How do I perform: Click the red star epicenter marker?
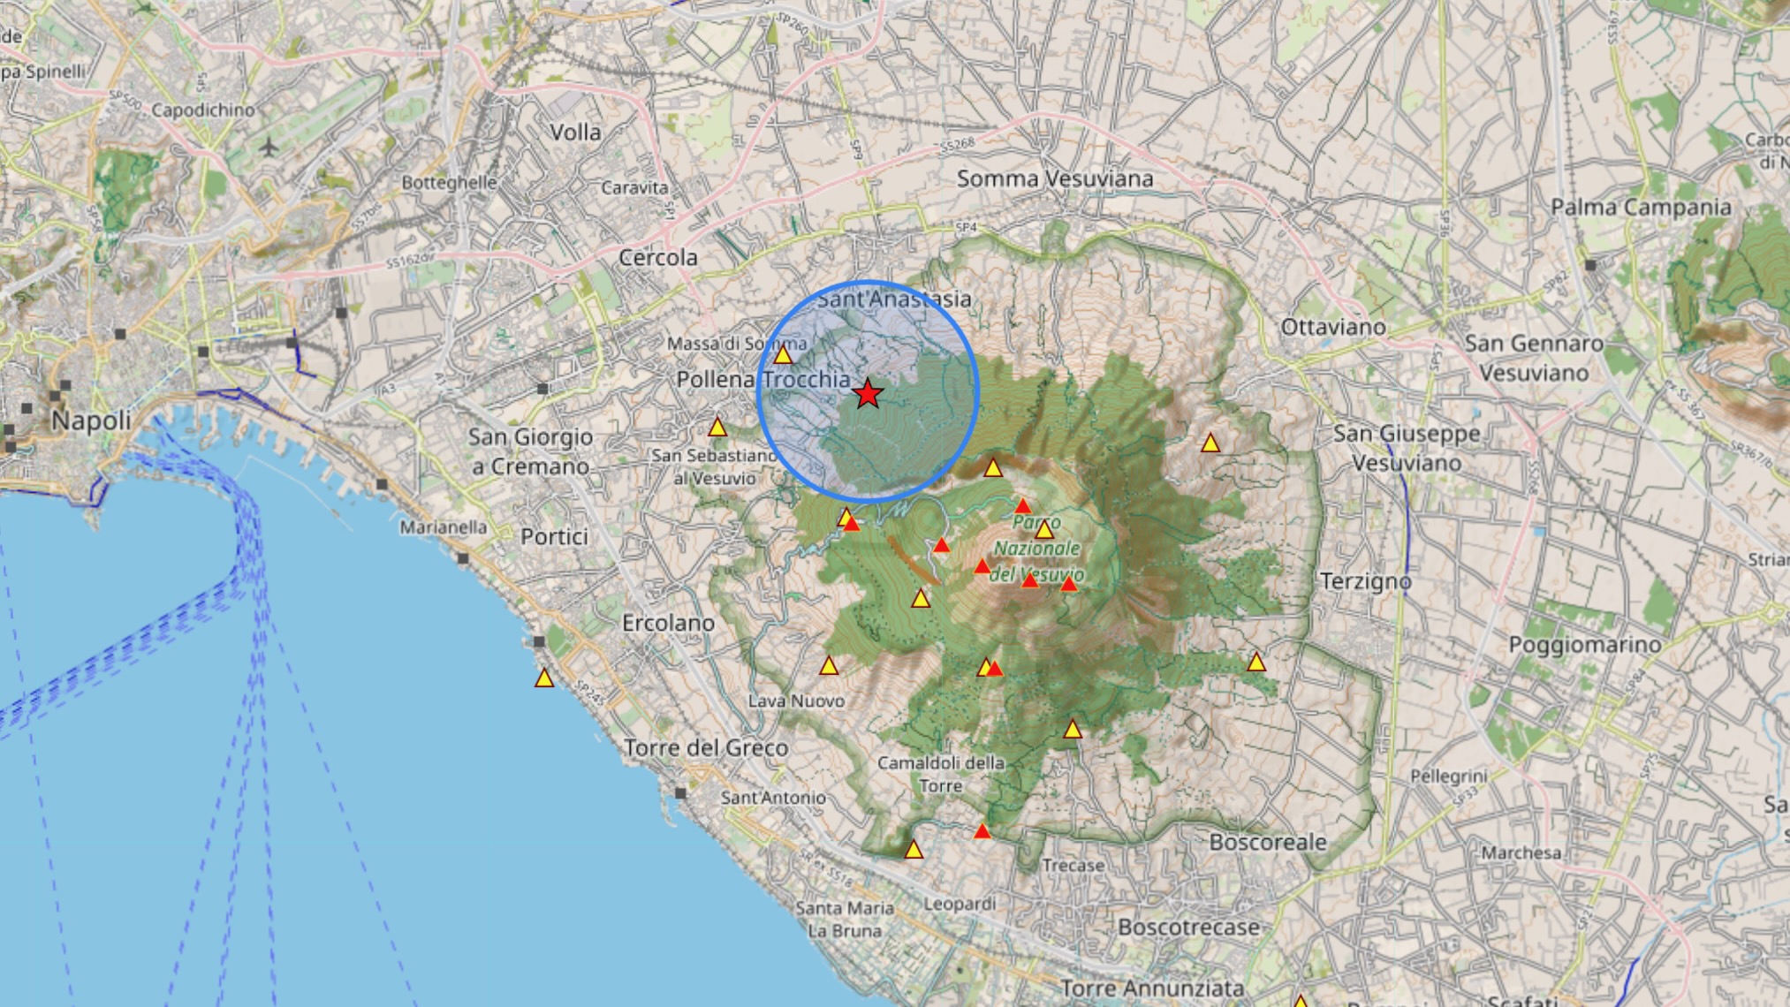pos(868,394)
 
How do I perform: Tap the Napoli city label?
pos(91,420)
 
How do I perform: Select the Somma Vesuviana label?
pos(1055,179)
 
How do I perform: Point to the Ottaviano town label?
pos(1333,328)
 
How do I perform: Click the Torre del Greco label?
pos(706,748)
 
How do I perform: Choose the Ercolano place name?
pos(668,624)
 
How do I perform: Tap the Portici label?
pos(554,537)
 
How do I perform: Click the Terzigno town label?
pos(1365,581)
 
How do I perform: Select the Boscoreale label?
pos(1268,843)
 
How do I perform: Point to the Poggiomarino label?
pos(1585,645)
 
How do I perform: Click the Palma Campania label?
pos(1641,208)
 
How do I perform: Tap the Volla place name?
pos(575,132)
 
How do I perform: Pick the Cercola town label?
pos(658,258)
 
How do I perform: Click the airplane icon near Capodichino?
pos(269,147)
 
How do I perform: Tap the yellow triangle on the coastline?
pos(544,678)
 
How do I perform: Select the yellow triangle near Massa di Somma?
pos(783,355)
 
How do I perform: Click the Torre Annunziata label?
pos(1152,988)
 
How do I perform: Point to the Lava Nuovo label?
pos(796,701)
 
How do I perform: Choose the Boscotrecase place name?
pos(1188,927)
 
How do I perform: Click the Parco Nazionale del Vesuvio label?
pos(1036,549)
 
